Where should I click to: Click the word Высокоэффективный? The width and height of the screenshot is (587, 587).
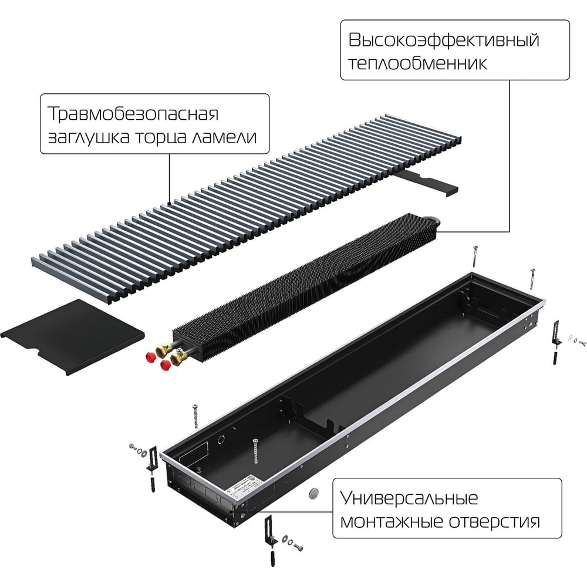tap(444, 40)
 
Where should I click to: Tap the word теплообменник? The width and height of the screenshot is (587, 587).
tap(418, 63)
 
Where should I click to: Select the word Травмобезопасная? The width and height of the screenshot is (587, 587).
tap(133, 114)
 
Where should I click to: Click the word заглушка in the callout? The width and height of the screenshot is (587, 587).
tap(89, 137)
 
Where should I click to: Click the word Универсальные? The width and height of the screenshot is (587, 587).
tap(409, 498)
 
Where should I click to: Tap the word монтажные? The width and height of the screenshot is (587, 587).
tap(391, 521)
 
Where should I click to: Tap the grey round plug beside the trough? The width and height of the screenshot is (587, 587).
tap(313, 494)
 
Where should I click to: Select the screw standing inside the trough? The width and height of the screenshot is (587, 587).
tap(256, 451)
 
